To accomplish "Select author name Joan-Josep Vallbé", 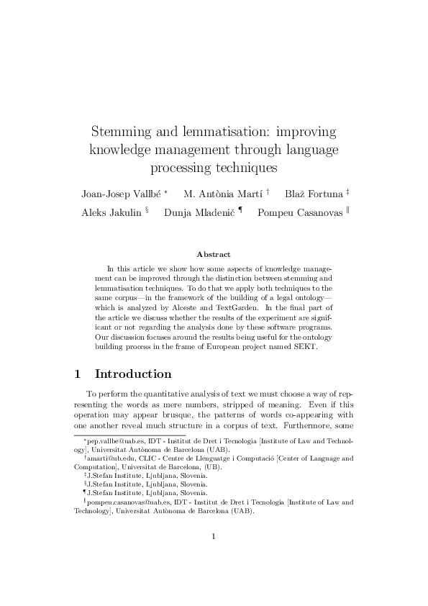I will (x=121, y=194).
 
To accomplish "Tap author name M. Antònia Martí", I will (x=223, y=194).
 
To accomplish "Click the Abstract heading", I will (x=214, y=254).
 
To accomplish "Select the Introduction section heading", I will (x=133, y=374).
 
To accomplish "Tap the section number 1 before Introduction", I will (x=78, y=374).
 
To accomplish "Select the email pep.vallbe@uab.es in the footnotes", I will (x=112, y=439).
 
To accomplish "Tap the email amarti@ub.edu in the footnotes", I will (x=106, y=457).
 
